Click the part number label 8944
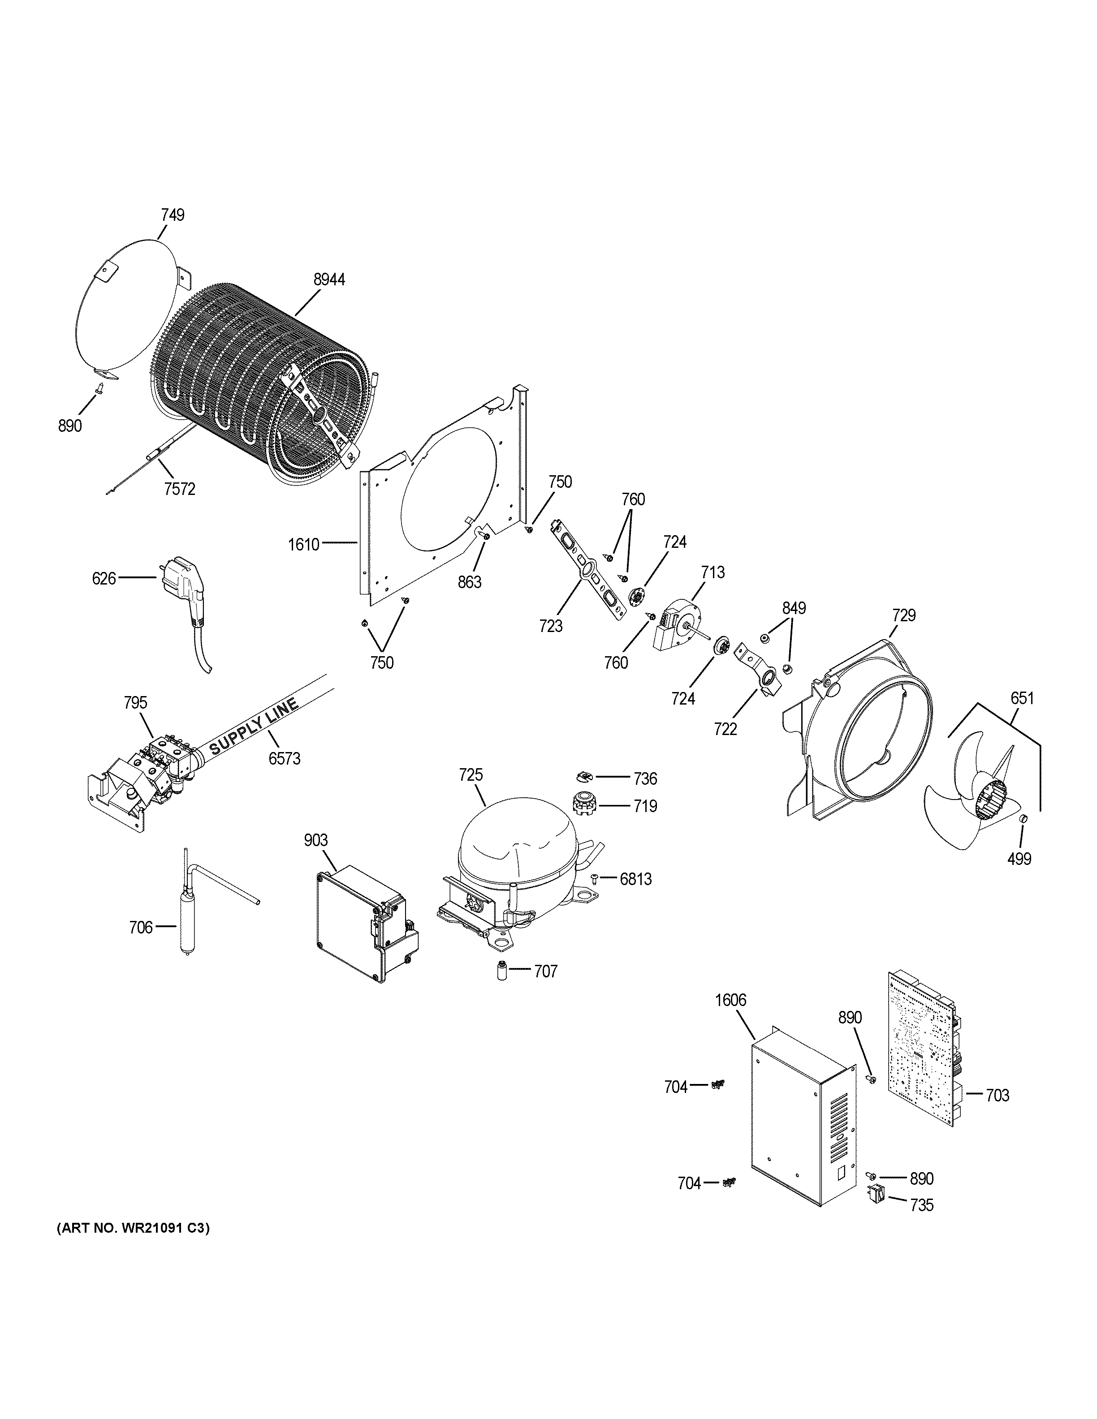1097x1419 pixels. pos(329,280)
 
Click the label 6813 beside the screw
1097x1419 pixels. pos(635,879)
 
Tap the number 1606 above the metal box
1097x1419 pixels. pos(730,1001)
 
